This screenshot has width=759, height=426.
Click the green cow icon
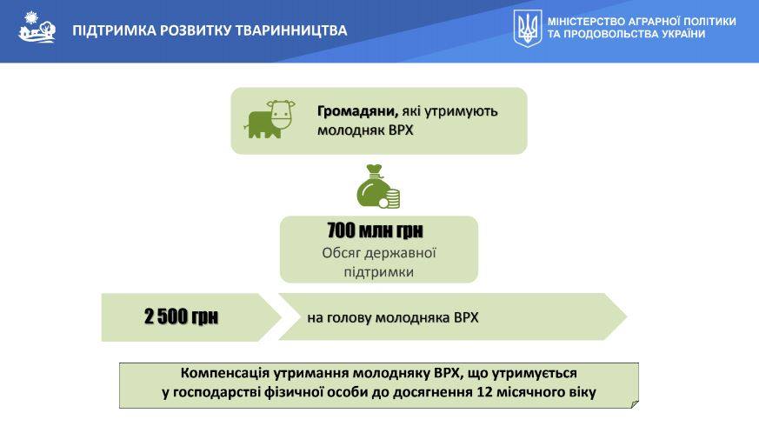(270, 120)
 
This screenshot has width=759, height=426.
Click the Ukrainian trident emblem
(527, 29)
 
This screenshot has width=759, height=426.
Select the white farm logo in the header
(37, 27)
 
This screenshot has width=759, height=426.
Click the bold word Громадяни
(357, 111)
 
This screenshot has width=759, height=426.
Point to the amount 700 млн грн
(375, 230)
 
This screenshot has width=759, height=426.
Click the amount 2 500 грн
(181, 316)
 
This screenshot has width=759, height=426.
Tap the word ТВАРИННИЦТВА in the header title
(291, 30)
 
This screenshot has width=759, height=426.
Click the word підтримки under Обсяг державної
(379, 271)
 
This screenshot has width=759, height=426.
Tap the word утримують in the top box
(461, 112)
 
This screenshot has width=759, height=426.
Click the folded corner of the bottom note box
(635, 403)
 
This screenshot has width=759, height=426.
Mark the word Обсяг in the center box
(340, 253)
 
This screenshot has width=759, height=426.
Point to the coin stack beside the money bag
(390, 198)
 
